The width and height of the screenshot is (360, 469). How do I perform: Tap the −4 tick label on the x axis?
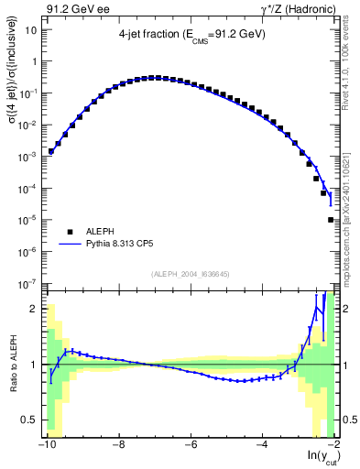(x=261, y=445)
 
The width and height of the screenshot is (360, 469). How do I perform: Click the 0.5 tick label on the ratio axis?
(x=31, y=420)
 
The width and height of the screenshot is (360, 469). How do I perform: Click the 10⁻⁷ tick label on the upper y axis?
(x=30, y=284)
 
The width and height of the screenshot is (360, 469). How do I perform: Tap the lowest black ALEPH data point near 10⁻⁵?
(x=331, y=220)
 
